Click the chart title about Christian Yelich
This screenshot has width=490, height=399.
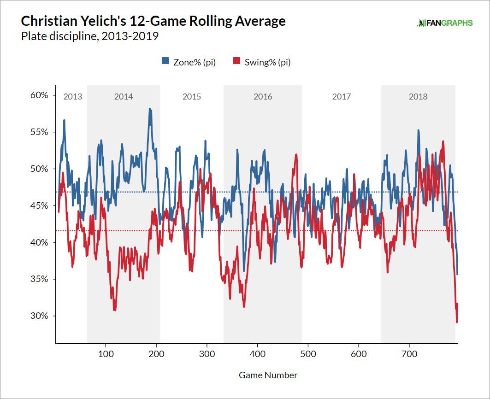click(x=153, y=21)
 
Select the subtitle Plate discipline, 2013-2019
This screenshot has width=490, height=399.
click(x=90, y=36)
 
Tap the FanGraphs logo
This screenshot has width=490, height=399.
click(x=444, y=23)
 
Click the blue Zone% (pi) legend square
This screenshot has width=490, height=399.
click(x=165, y=62)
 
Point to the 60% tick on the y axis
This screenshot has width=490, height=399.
click(x=39, y=95)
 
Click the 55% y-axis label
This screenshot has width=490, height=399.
click(x=39, y=132)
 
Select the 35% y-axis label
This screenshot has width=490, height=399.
click(x=39, y=279)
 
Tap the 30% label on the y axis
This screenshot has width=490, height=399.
click(x=39, y=316)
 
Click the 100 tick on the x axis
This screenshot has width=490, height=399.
click(x=106, y=354)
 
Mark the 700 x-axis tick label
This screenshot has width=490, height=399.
click(x=409, y=354)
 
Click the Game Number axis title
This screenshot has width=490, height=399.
click(x=268, y=375)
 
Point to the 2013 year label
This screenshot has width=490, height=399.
click(x=72, y=97)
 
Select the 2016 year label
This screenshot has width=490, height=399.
click(x=263, y=97)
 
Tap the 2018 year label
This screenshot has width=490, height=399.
click(x=418, y=97)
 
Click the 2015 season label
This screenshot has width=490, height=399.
click(x=192, y=97)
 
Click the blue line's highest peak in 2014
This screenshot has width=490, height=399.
click(x=150, y=109)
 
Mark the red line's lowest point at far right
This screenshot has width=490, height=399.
click(x=456, y=322)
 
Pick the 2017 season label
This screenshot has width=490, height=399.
click(x=341, y=97)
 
